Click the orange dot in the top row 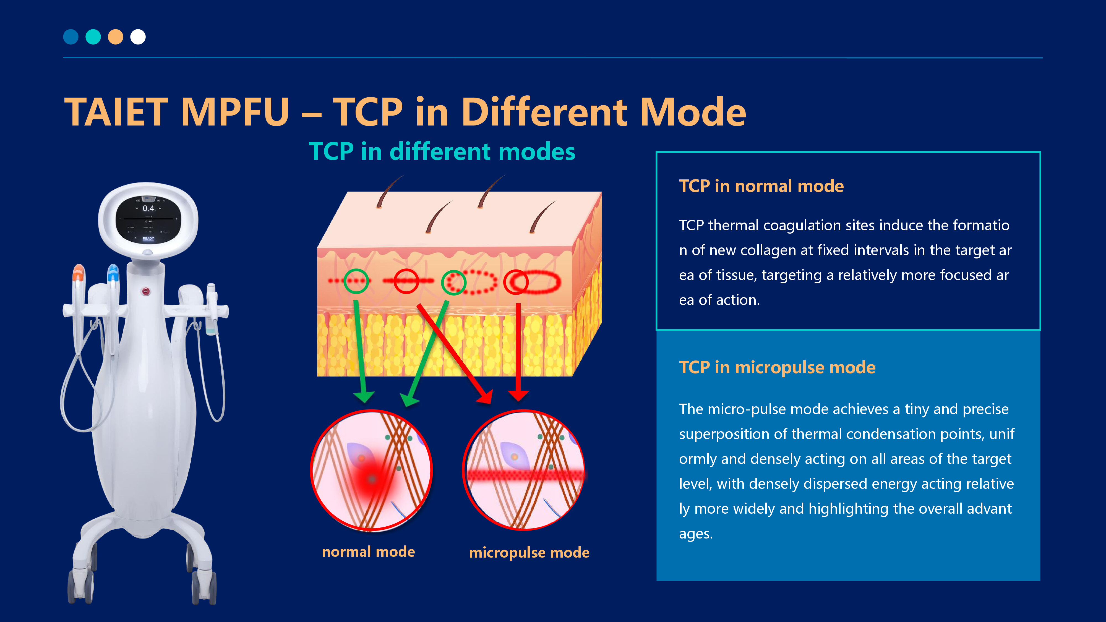pos(116,37)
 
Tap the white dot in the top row pos(138,37)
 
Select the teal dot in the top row pos(93,37)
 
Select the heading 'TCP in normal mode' pos(761,186)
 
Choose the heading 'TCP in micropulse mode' pos(777,367)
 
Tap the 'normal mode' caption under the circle pos(368,552)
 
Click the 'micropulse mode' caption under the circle pos(529,552)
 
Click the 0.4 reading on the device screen pos(148,209)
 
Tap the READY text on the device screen pos(148,239)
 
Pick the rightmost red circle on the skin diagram pos(516,282)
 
